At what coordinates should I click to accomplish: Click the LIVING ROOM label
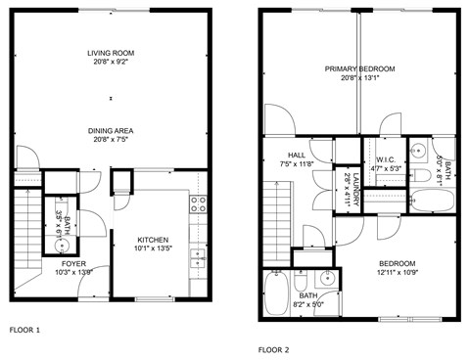point(111,53)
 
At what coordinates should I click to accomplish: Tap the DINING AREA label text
point(111,130)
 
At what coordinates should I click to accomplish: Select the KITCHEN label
point(153,240)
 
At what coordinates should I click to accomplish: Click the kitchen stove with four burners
point(197,204)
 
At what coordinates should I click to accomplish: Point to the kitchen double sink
point(197,258)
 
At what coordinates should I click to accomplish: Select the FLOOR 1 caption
point(24,330)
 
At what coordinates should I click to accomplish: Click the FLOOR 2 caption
point(275,348)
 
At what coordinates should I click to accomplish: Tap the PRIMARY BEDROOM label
point(361,68)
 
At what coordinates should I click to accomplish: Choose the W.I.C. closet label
point(383,158)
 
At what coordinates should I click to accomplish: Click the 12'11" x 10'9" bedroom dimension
point(397,273)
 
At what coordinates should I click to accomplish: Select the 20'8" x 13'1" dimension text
point(361,78)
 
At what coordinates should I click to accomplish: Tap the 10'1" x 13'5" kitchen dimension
point(153,249)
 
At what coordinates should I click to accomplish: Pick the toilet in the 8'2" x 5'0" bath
point(302,280)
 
